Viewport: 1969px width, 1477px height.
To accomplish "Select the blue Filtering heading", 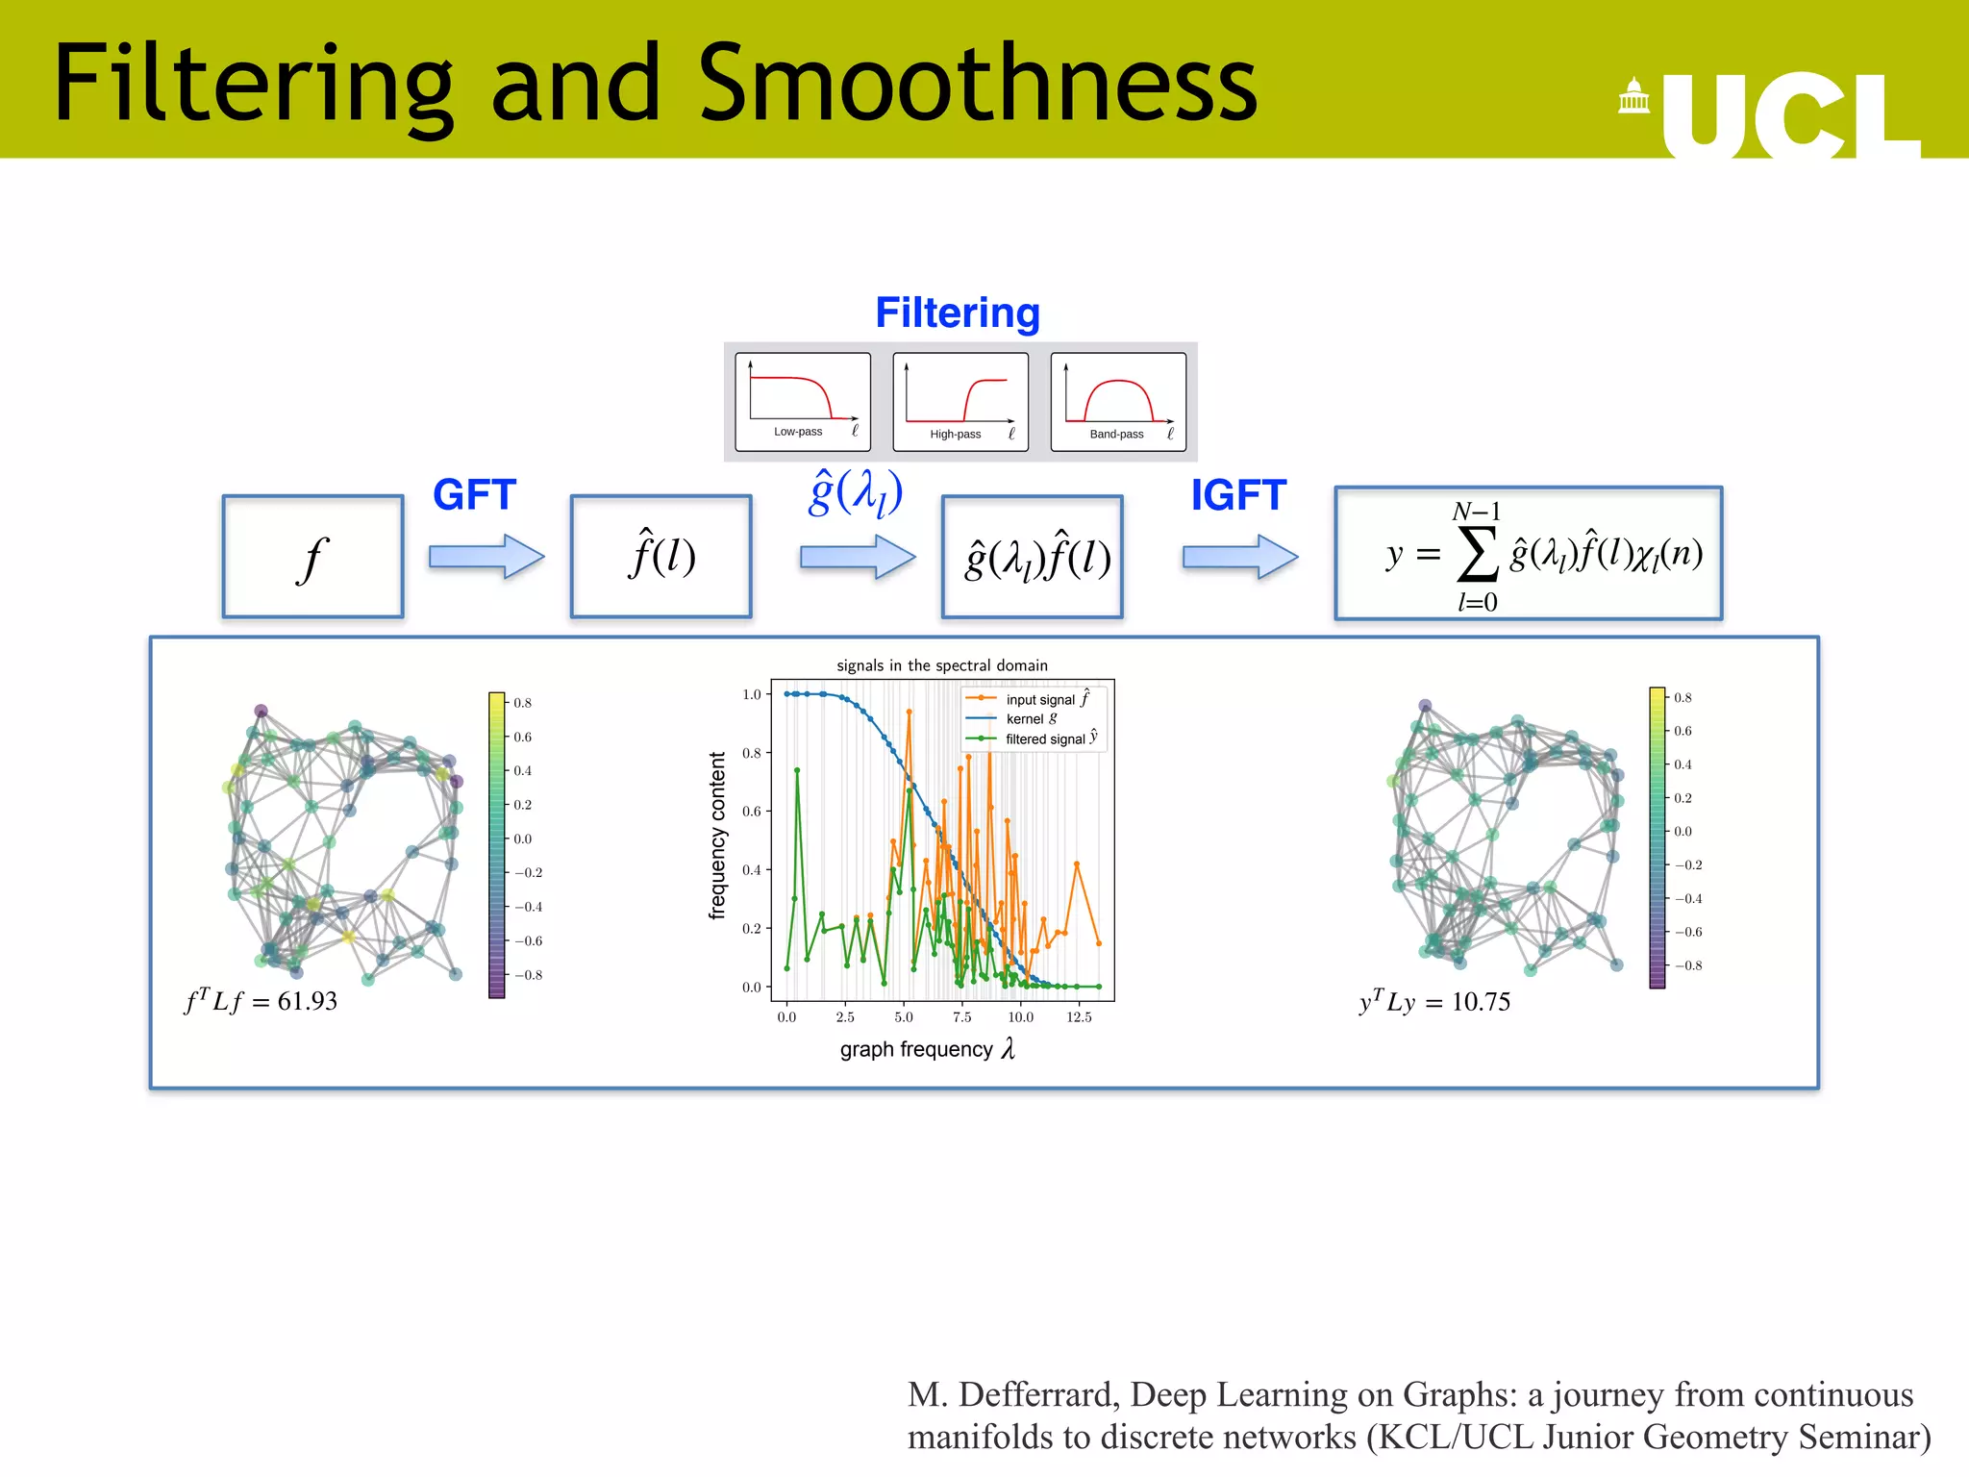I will click(x=957, y=313).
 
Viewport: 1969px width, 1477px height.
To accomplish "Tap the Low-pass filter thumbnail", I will click(x=802, y=401).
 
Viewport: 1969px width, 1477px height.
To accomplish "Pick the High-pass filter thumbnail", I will click(x=960, y=401).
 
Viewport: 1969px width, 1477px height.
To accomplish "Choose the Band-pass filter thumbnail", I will click(x=1117, y=401).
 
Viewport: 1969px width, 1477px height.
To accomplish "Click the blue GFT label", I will click(x=474, y=495).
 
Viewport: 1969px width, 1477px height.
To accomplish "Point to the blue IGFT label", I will click(x=1237, y=495).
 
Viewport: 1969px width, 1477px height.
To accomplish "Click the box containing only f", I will click(x=312, y=557).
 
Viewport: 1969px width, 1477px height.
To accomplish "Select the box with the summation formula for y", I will click(x=1528, y=554).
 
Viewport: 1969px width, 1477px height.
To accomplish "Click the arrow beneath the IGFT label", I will click(x=1239, y=557).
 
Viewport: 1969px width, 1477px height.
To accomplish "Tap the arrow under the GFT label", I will click(x=486, y=557).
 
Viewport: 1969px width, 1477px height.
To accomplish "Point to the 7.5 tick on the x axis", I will click(x=961, y=1017).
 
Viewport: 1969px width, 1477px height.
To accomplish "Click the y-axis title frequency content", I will click(x=717, y=836).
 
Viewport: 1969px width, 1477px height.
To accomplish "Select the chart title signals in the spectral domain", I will click(x=941, y=665).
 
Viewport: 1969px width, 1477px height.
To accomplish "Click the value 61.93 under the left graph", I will click(x=307, y=1002).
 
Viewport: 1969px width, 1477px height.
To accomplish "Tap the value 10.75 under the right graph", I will click(x=1480, y=1003).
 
